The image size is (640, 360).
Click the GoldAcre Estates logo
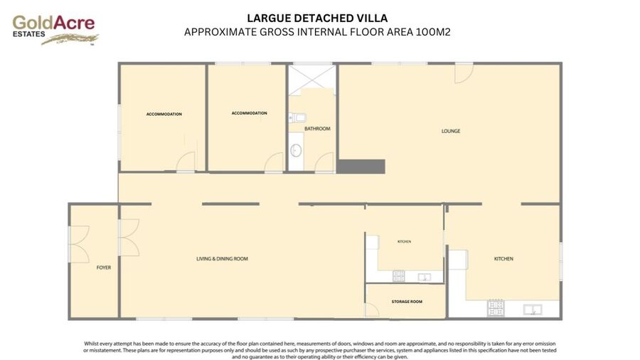click(55, 30)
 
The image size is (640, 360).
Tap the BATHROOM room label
click(317, 129)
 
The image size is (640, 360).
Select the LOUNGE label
click(451, 131)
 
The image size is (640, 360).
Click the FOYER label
click(104, 268)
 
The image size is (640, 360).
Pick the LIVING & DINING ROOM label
click(222, 258)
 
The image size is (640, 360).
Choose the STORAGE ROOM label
click(407, 302)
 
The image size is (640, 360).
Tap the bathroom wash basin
click(296, 151)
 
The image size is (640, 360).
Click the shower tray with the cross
click(312, 80)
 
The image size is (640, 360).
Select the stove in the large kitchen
click(496, 308)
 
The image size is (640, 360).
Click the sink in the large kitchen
click(533, 309)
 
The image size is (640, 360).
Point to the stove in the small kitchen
click(399, 276)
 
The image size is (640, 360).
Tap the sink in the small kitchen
click(425, 277)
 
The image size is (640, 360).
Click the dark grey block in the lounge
click(361, 166)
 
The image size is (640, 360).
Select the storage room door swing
click(372, 309)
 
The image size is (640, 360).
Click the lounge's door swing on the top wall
click(464, 74)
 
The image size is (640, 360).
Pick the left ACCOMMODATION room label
click(164, 115)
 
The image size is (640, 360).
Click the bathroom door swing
click(324, 162)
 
